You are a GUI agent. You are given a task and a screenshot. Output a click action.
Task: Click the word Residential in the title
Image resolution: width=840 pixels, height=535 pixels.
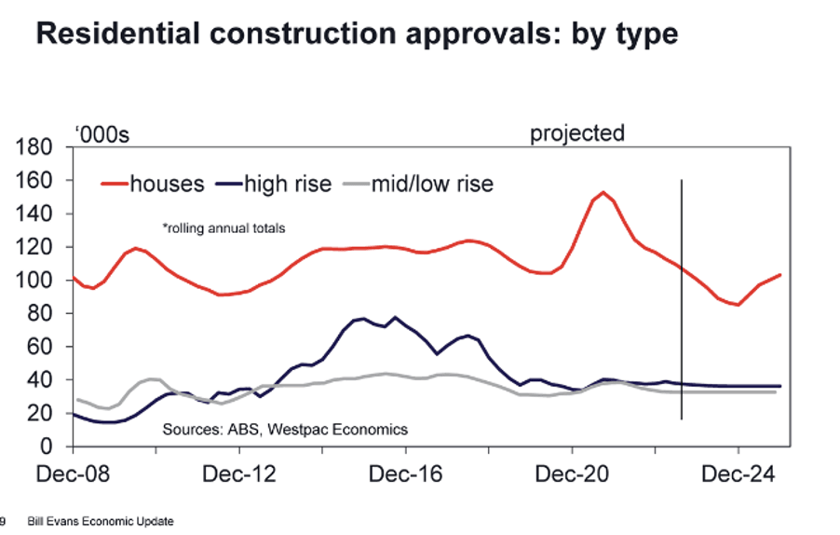point(118,34)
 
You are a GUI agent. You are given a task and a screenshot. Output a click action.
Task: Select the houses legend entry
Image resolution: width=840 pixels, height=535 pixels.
point(153,184)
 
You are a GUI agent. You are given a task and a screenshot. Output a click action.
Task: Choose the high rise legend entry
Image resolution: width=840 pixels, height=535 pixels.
point(274,184)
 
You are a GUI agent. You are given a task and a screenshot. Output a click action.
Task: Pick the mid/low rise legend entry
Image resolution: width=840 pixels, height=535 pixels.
point(417,184)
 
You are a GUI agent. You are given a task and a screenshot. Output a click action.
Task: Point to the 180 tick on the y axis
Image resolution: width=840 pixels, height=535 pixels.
point(34,146)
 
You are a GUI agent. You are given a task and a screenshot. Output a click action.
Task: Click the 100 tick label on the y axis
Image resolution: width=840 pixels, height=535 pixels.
point(34,280)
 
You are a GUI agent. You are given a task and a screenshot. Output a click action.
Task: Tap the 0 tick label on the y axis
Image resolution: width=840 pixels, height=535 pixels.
point(47,446)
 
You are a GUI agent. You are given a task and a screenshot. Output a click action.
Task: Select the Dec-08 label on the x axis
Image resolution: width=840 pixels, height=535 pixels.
point(73,473)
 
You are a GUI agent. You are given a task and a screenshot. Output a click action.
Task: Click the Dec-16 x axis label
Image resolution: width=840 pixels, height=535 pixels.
point(405,473)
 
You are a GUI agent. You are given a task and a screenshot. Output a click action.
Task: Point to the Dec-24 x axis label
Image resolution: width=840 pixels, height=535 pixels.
point(738,473)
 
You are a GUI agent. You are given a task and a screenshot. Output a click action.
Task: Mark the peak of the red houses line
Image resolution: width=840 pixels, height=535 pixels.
point(603,192)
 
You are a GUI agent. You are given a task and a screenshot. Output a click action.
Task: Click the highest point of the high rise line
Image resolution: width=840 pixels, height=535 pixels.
point(396,317)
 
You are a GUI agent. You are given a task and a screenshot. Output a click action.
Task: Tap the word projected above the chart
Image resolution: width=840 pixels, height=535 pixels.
point(577,133)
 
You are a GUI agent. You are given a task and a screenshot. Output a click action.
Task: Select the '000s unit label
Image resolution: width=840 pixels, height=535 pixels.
point(102,134)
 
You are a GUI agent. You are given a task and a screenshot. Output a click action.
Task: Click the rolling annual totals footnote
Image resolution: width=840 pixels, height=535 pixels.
point(224,228)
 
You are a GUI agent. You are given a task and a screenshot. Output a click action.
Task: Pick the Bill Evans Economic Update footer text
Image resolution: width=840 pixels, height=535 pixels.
point(101,521)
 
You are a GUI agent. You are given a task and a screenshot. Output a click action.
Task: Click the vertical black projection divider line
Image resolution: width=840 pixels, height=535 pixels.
point(682,300)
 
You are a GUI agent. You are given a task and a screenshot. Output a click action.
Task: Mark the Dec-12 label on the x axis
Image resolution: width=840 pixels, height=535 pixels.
point(239,473)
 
